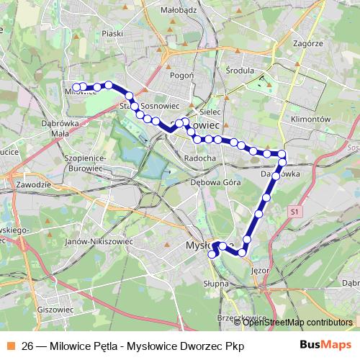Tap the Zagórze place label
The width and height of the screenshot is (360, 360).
(308, 43)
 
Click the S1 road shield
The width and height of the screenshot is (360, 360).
(294, 212)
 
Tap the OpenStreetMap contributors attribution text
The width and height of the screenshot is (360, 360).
(298, 322)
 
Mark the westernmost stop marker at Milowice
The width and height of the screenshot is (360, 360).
(75, 87)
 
